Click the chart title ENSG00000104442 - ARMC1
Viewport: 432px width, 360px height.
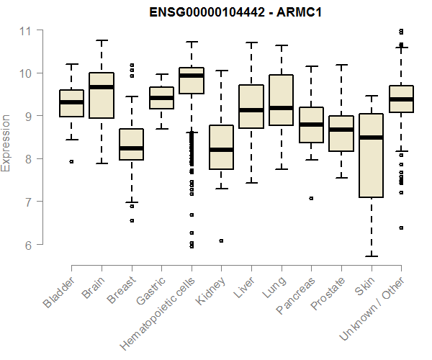click(235, 12)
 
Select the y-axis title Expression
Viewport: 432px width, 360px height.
click(6, 143)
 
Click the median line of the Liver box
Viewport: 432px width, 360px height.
click(251, 110)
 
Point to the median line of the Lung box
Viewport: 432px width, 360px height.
click(281, 108)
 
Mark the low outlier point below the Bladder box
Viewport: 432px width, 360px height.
click(71, 162)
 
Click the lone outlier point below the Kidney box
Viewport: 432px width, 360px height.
click(221, 240)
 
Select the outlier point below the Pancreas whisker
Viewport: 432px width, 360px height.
click(311, 198)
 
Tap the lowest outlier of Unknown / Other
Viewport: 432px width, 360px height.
click(401, 228)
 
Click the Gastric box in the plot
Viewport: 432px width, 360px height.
click(161, 98)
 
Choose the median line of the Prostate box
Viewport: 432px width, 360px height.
click(341, 130)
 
